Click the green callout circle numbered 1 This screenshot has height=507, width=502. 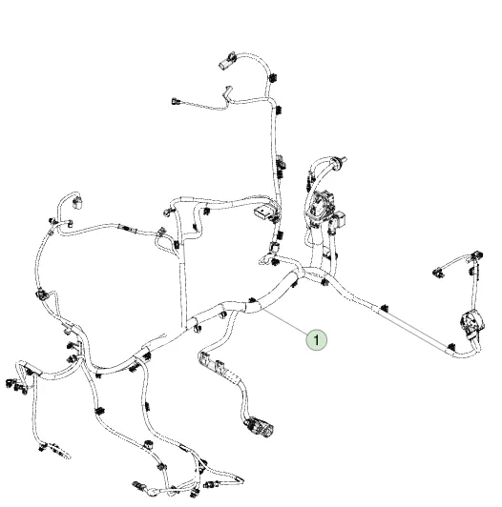coord(317,340)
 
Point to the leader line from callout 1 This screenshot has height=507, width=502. coord(286,321)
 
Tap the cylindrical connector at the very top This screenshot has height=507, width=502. coord(227,60)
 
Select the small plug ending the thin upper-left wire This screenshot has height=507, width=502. coord(177,102)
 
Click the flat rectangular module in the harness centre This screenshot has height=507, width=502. coord(263,213)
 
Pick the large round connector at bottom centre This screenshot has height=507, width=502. coord(259,427)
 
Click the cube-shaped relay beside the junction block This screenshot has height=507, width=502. coord(339,219)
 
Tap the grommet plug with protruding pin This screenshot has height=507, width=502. coord(339,161)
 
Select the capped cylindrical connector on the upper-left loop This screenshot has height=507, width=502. coord(77,202)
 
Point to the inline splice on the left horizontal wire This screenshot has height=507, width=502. coord(127,228)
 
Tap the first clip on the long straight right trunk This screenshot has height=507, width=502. coord(384,308)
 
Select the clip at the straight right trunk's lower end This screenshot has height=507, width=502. coord(450,347)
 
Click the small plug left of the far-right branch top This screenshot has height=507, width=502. coord(438,271)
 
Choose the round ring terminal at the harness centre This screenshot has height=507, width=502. coord(263,259)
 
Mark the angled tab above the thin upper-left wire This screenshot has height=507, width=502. coord(228,91)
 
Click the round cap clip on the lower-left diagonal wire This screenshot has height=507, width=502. coord(148,444)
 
